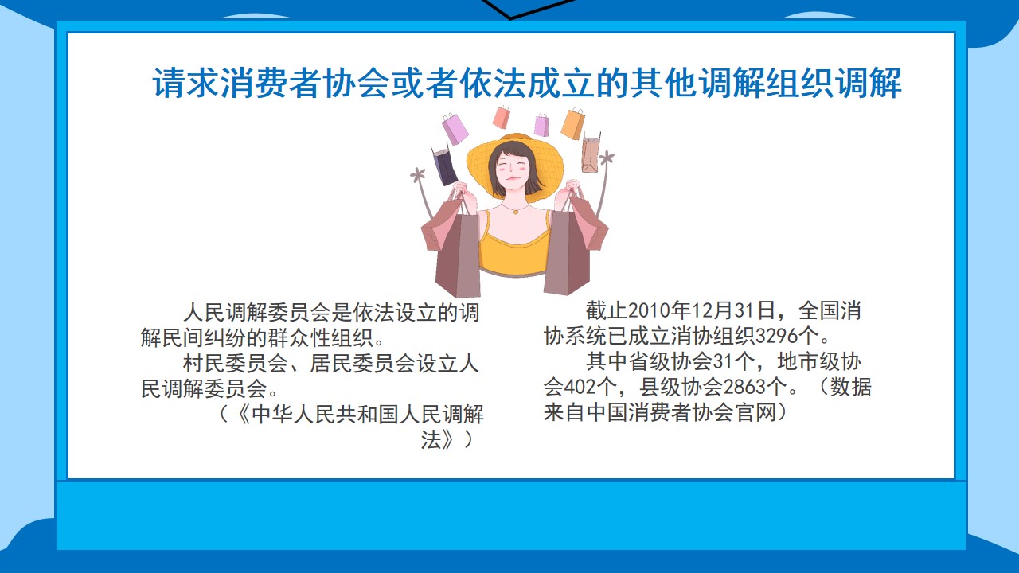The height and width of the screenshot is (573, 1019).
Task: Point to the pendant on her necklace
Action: (x=515, y=212)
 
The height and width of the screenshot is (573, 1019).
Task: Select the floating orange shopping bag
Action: (x=572, y=123)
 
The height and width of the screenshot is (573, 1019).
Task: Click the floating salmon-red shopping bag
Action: (x=502, y=117)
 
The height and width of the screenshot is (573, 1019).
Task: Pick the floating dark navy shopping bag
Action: (x=443, y=165)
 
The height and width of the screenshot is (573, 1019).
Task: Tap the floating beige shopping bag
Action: (x=591, y=153)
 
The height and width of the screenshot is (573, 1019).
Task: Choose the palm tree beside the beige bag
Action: (x=604, y=182)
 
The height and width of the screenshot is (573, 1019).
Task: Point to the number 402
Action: (x=579, y=388)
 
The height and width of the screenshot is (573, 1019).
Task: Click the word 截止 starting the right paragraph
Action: (x=607, y=311)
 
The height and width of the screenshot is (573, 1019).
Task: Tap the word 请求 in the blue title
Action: (x=186, y=84)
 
